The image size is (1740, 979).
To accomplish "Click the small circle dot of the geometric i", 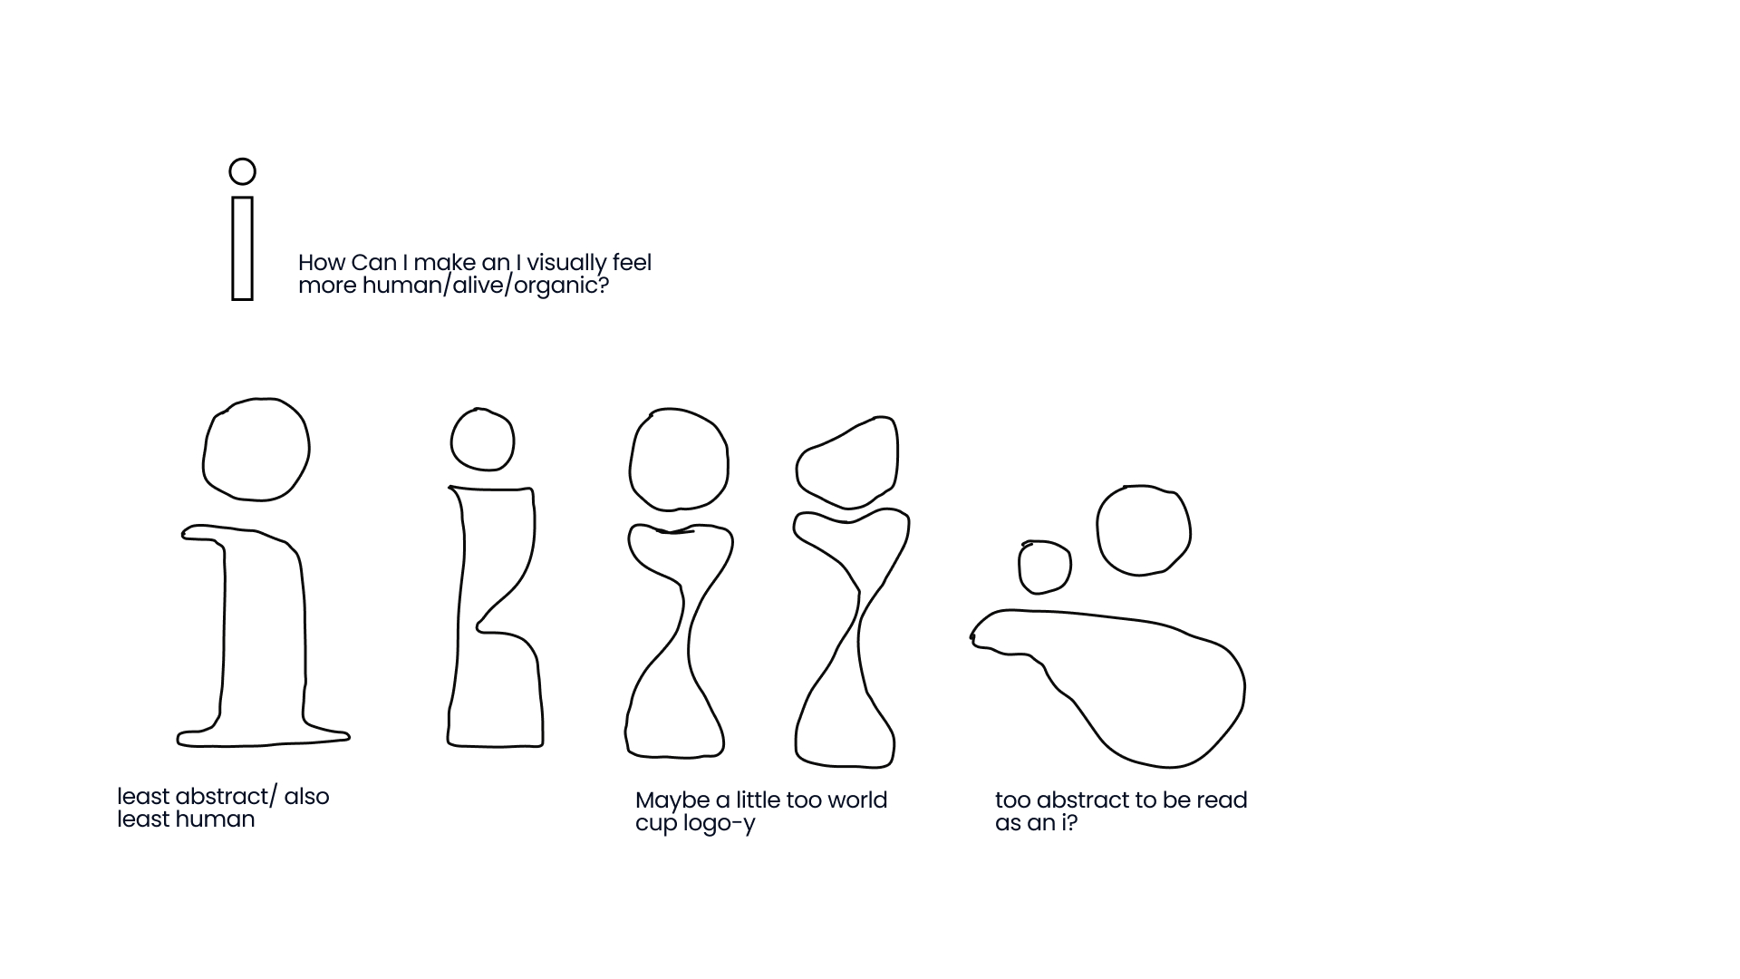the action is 242,160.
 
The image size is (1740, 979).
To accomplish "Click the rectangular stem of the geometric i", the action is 233,247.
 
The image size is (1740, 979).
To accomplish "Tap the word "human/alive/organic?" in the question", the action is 485,286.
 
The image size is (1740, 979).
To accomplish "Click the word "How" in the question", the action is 321,263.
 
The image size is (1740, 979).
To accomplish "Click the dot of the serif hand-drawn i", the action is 204,449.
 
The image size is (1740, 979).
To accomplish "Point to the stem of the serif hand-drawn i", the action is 224,635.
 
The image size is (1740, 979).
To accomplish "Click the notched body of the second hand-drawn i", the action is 458,616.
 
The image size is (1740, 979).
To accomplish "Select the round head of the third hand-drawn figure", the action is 631,462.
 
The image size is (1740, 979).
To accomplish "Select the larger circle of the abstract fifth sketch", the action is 1098,530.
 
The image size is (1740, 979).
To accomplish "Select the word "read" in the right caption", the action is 1222,800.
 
